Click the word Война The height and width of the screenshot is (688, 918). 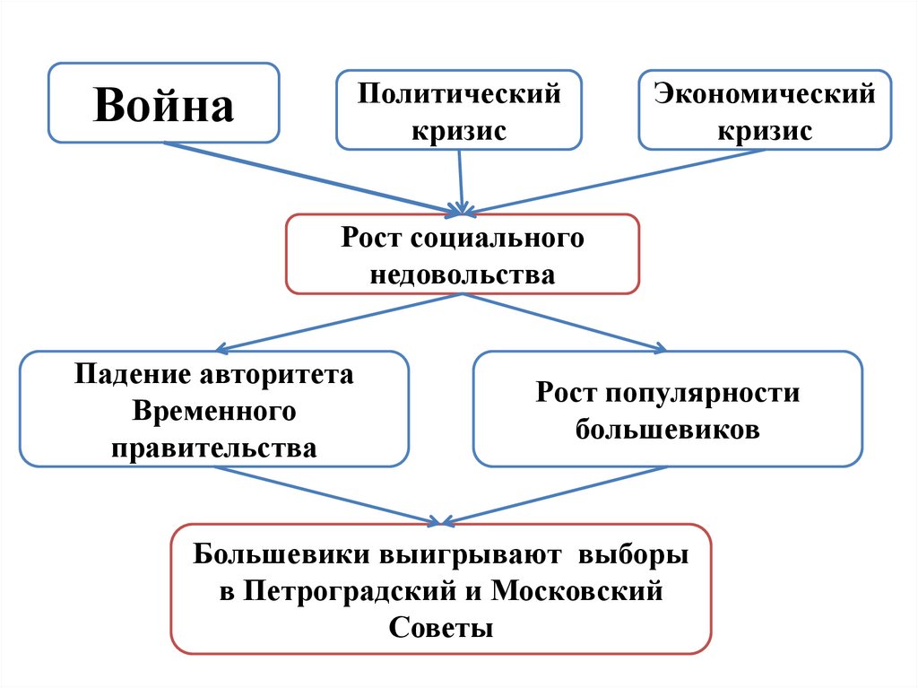[163, 104]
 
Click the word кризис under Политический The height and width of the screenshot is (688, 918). [459, 131]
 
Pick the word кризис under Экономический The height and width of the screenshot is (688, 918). [765, 131]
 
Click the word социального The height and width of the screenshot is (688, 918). [498, 239]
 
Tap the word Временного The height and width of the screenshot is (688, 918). [214, 411]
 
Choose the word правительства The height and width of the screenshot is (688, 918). [214, 447]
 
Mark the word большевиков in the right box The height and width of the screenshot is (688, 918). [668, 429]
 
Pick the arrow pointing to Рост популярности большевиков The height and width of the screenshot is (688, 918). [565, 321]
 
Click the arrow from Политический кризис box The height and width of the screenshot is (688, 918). [461, 179]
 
